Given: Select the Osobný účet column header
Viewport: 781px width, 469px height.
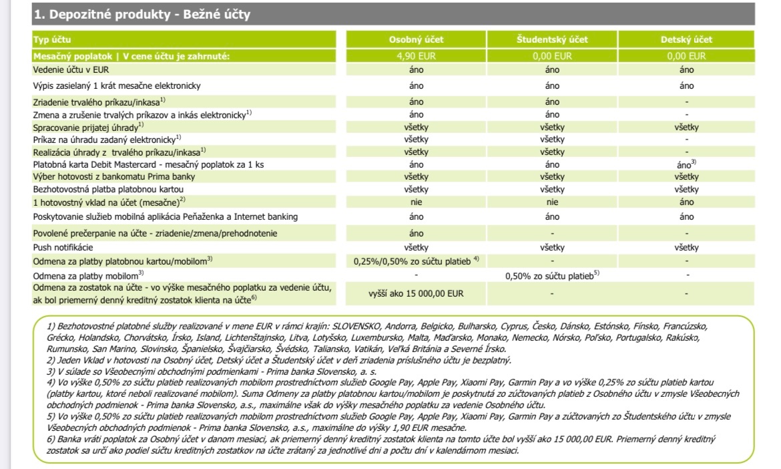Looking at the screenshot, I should [416, 39].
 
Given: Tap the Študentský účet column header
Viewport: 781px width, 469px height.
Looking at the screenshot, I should [552, 39].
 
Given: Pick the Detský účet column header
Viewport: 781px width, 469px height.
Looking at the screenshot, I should [686, 39].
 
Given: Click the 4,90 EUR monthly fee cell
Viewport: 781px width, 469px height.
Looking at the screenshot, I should [416, 56].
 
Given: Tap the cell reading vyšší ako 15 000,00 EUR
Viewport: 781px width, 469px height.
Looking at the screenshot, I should [416, 293].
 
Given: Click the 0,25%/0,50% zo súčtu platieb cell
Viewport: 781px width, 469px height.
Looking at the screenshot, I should [417, 261].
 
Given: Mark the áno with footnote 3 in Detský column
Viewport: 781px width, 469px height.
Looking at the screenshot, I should [686, 164].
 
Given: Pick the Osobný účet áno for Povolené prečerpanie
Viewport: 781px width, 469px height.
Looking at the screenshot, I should [416, 233].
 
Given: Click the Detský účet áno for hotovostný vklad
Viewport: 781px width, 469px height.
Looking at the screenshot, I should [686, 202].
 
